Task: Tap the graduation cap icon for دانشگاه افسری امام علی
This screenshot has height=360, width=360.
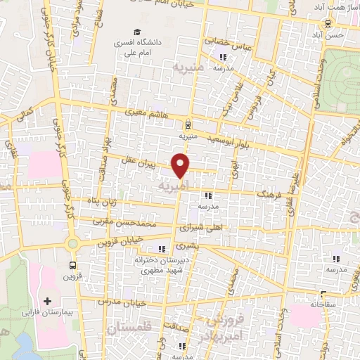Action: coord(138,32)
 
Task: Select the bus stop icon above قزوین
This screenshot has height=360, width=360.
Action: coord(72,265)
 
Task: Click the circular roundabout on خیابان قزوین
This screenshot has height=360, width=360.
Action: coord(72,243)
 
